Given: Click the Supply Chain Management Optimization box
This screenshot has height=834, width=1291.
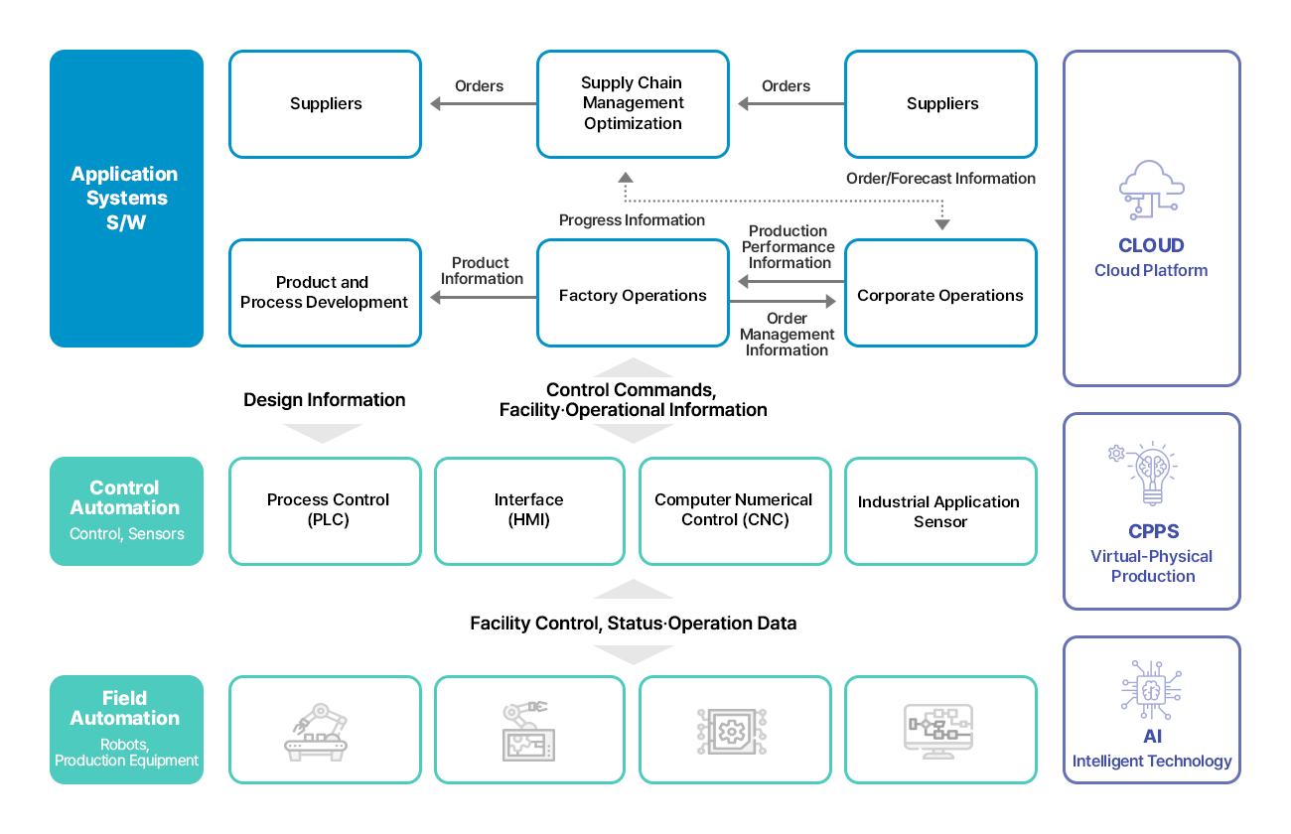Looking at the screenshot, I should (x=633, y=104).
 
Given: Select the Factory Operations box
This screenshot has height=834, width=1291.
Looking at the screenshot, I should (x=633, y=294).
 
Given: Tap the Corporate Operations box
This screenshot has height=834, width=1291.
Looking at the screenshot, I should (x=940, y=294).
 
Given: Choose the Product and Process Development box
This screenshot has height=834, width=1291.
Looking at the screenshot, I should (x=325, y=293).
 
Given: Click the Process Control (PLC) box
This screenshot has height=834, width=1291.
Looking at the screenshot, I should (x=328, y=510).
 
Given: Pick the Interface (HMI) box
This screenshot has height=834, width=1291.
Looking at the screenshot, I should (x=529, y=510).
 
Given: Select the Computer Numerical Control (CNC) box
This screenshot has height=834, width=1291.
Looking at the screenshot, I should (x=734, y=510).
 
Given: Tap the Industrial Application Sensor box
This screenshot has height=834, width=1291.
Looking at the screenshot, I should (x=939, y=511).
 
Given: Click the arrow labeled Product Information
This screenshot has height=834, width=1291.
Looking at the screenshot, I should (x=482, y=296).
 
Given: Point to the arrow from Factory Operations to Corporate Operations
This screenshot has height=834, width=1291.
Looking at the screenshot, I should (x=786, y=301).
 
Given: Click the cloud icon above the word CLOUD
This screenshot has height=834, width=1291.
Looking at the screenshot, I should (x=1151, y=190).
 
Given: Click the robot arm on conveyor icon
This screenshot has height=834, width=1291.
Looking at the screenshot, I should (x=316, y=733).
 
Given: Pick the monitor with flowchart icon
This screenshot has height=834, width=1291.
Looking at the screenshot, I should (x=938, y=733).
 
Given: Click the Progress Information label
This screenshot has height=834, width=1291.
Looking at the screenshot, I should (x=632, y=220).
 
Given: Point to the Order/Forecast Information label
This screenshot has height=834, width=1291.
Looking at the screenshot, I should (x=940, y=179).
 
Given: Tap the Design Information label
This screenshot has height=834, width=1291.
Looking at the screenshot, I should (x=325, y=400).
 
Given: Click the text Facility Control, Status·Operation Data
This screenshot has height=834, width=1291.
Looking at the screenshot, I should (x=633, y=624).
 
